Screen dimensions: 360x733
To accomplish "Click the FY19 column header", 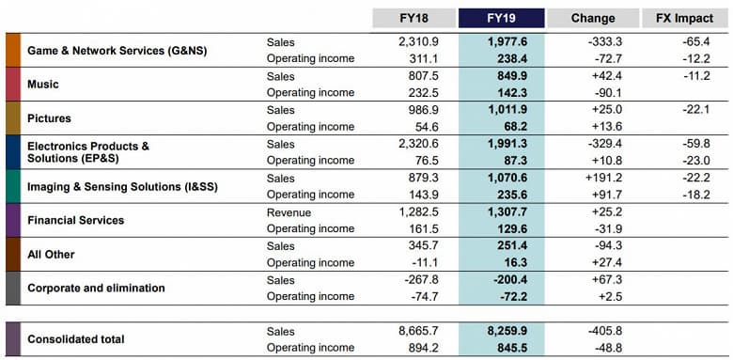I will [x=501, y=18].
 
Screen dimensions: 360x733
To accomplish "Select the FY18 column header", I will [x=413, y=18].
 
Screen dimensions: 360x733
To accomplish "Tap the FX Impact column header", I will [x=684, y=18].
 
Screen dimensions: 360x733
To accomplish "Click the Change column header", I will [x=592, y=18].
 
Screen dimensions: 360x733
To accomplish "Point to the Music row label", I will [x=43, y=85].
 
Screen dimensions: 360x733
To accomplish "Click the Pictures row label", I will [x=49, y=118].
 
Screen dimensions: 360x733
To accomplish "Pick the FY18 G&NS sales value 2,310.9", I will [x=419, y=42].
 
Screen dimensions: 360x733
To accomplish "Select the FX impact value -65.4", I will [x=696, y=42].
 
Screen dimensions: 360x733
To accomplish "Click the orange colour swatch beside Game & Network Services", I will [x=13, y=50].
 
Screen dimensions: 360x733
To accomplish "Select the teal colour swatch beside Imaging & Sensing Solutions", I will [x=13, y=185].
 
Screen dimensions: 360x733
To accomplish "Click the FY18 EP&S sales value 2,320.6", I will [x=419, y=144].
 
